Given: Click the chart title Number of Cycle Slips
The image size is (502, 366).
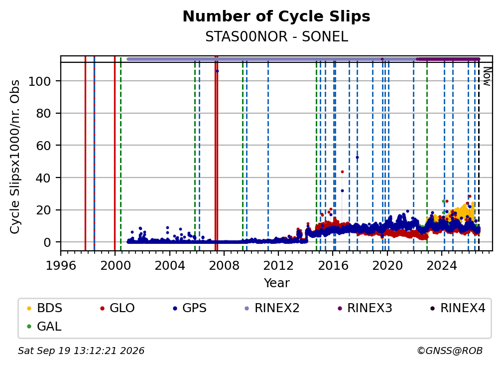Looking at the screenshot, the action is coord(276,16).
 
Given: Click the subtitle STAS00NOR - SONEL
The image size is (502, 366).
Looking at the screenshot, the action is coord(276,37).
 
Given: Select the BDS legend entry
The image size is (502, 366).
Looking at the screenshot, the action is coord(44,308).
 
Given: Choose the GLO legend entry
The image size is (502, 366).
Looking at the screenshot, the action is coord(118,308).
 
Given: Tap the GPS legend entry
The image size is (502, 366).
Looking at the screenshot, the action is coord(190,308).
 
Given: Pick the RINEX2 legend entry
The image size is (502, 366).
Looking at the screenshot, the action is coord(272,308).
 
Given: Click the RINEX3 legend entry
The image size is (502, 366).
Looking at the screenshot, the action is coord(365,308).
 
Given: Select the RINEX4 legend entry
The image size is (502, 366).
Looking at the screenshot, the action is coord(458,308).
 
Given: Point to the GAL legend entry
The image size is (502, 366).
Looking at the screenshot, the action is coord(44,327).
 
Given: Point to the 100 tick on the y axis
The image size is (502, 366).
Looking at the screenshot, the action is coord(40,81).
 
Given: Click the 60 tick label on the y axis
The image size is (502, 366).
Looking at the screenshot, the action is coord(43,146).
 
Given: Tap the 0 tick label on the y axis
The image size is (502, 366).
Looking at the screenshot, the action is coord(47,242).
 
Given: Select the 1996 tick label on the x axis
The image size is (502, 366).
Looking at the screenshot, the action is coord(61,265).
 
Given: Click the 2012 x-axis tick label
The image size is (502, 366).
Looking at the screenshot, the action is coord(278,265).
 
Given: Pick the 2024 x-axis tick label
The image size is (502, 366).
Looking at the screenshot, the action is coord(441,265).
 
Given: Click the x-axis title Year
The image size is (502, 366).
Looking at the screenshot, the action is coord(276,283).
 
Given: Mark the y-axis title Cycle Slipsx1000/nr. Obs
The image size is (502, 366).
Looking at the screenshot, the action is coord(15,157).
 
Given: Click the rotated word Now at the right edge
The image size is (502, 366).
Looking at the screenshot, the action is coord(487,76).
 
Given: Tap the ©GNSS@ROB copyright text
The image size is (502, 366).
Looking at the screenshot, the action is coord(450,351).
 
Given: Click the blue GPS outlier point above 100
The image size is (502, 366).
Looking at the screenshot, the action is coord(217,71).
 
